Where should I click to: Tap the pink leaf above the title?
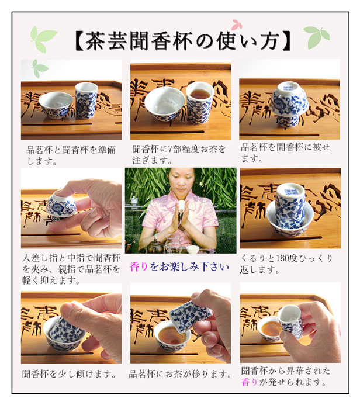coord(236,25)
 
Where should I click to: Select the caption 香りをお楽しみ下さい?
coord(179,266)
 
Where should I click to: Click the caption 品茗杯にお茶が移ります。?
coord(180,374)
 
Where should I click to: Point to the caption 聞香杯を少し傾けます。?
coord(69,374)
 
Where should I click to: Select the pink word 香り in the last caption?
coord(249,382)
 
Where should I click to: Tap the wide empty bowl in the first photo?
coord(56,105)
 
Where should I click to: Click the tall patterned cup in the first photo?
coord(86,100)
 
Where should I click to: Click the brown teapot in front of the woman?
coord(156,245)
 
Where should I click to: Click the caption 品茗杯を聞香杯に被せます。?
coord(285,153)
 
